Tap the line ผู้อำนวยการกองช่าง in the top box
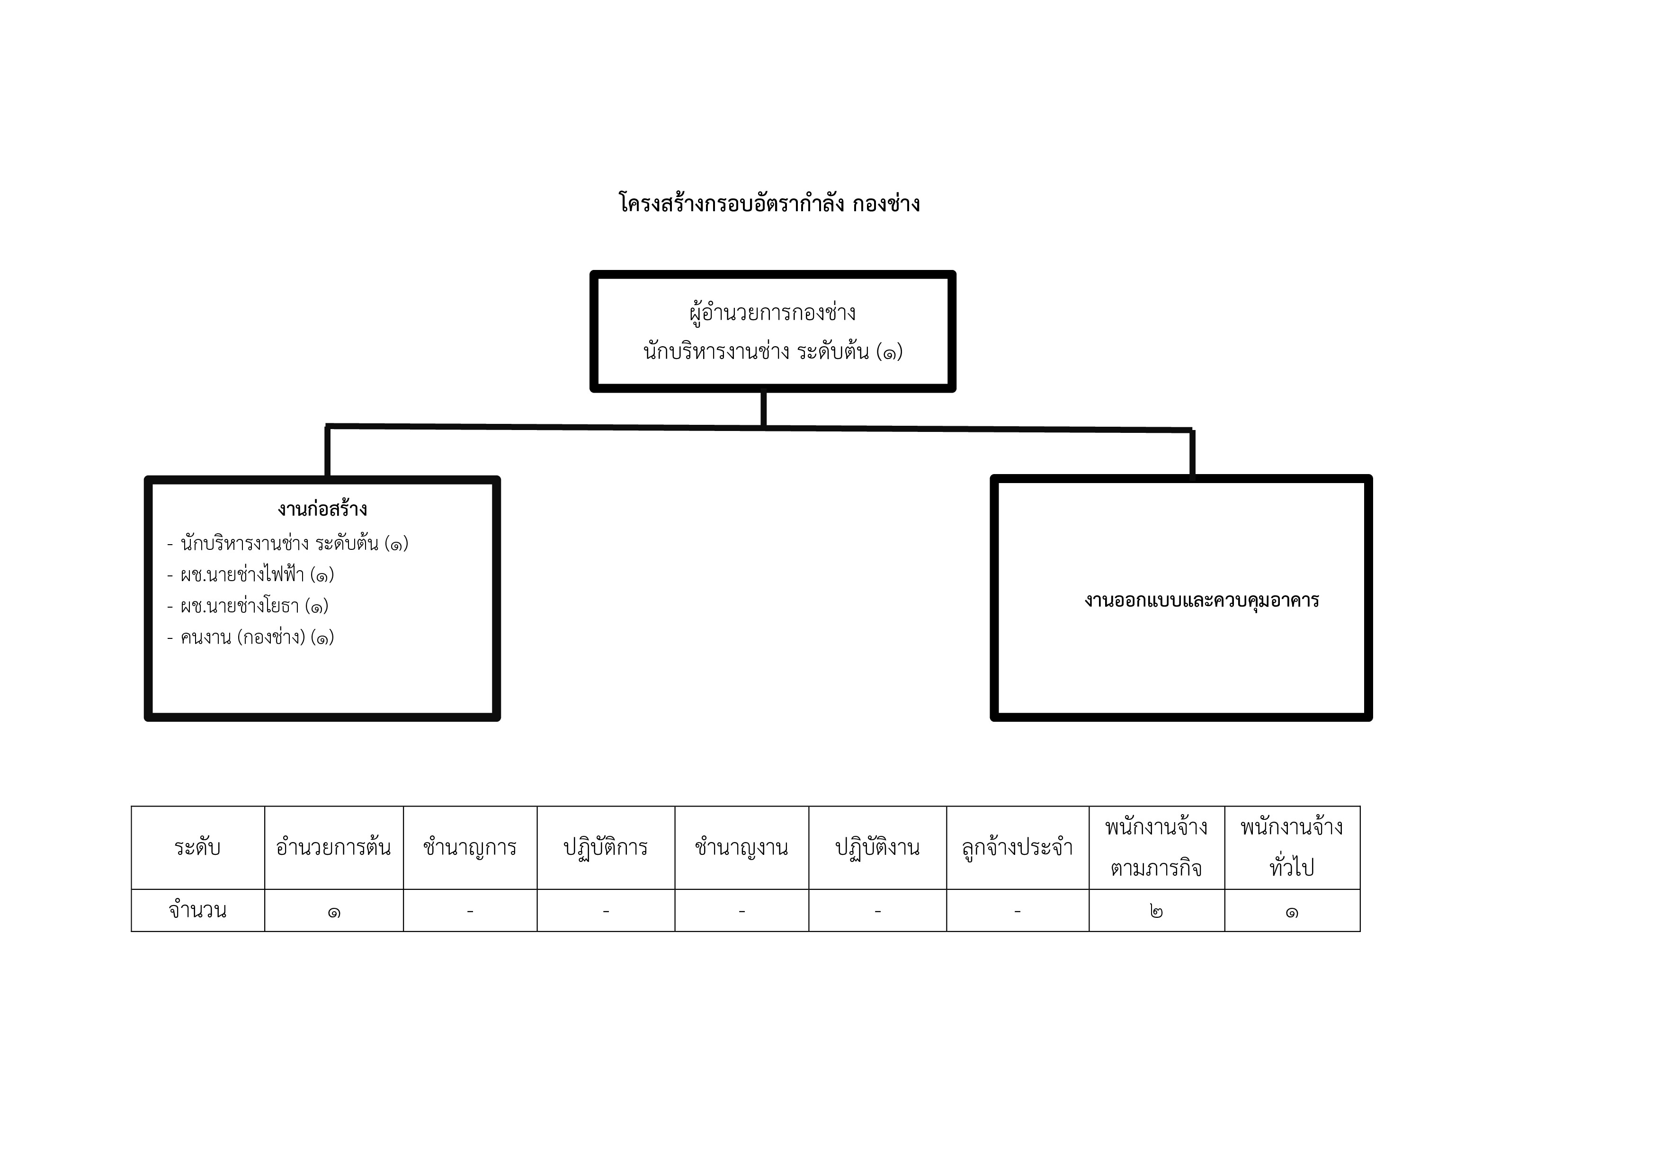pyautogui.click(x=773, y=313)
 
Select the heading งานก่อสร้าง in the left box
pyautogui.click(x=322, y=509)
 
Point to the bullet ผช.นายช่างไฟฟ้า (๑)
pyautogui.click(x=250, y=574)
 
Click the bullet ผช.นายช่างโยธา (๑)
pyautogui.click(x=248, y=606)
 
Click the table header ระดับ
pyautogui.click(x=197, y=847)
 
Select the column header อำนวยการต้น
pyautogui.click(x=333, y=847)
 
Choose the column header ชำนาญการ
pyautogui.click(x=470, y=847)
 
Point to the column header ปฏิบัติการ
pyautogui.click(x=606, y=847)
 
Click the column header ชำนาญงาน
pyautogui.click(x=741, y=847)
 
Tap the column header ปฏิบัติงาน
pyautogui.click(x=877, y=847)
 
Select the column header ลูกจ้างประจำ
pyautogui.click(x=1017, y=847)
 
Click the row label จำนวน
pyautogui.click(x=197, y=910)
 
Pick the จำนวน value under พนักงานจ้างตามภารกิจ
pyautogui.click(x=1156, y=911)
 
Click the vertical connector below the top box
pyautogui.click(x=764, y=409)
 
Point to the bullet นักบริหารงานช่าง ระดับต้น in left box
pyautogui.click(x=288, y=543)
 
